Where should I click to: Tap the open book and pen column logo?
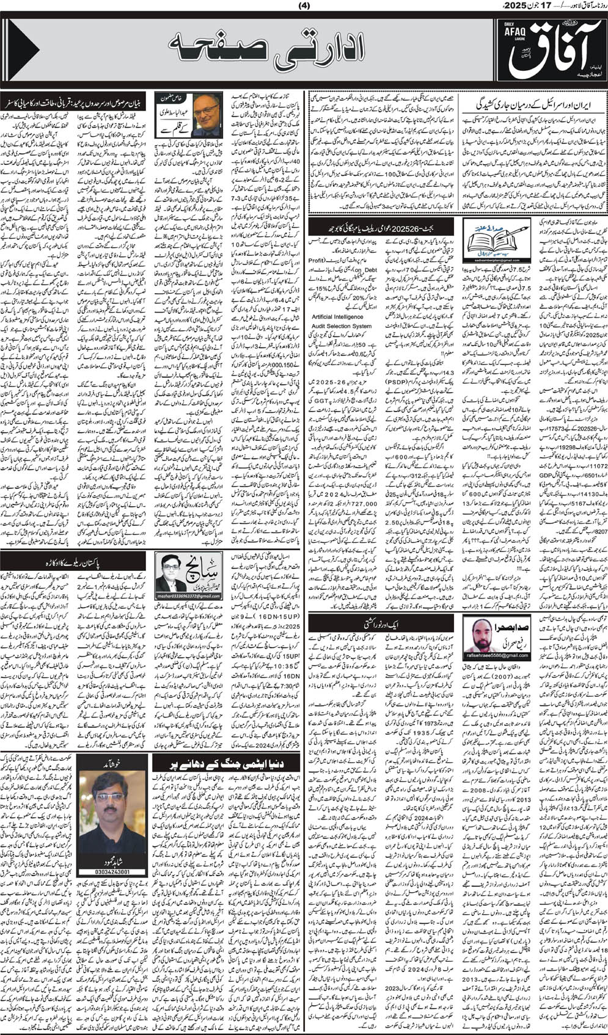490,238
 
